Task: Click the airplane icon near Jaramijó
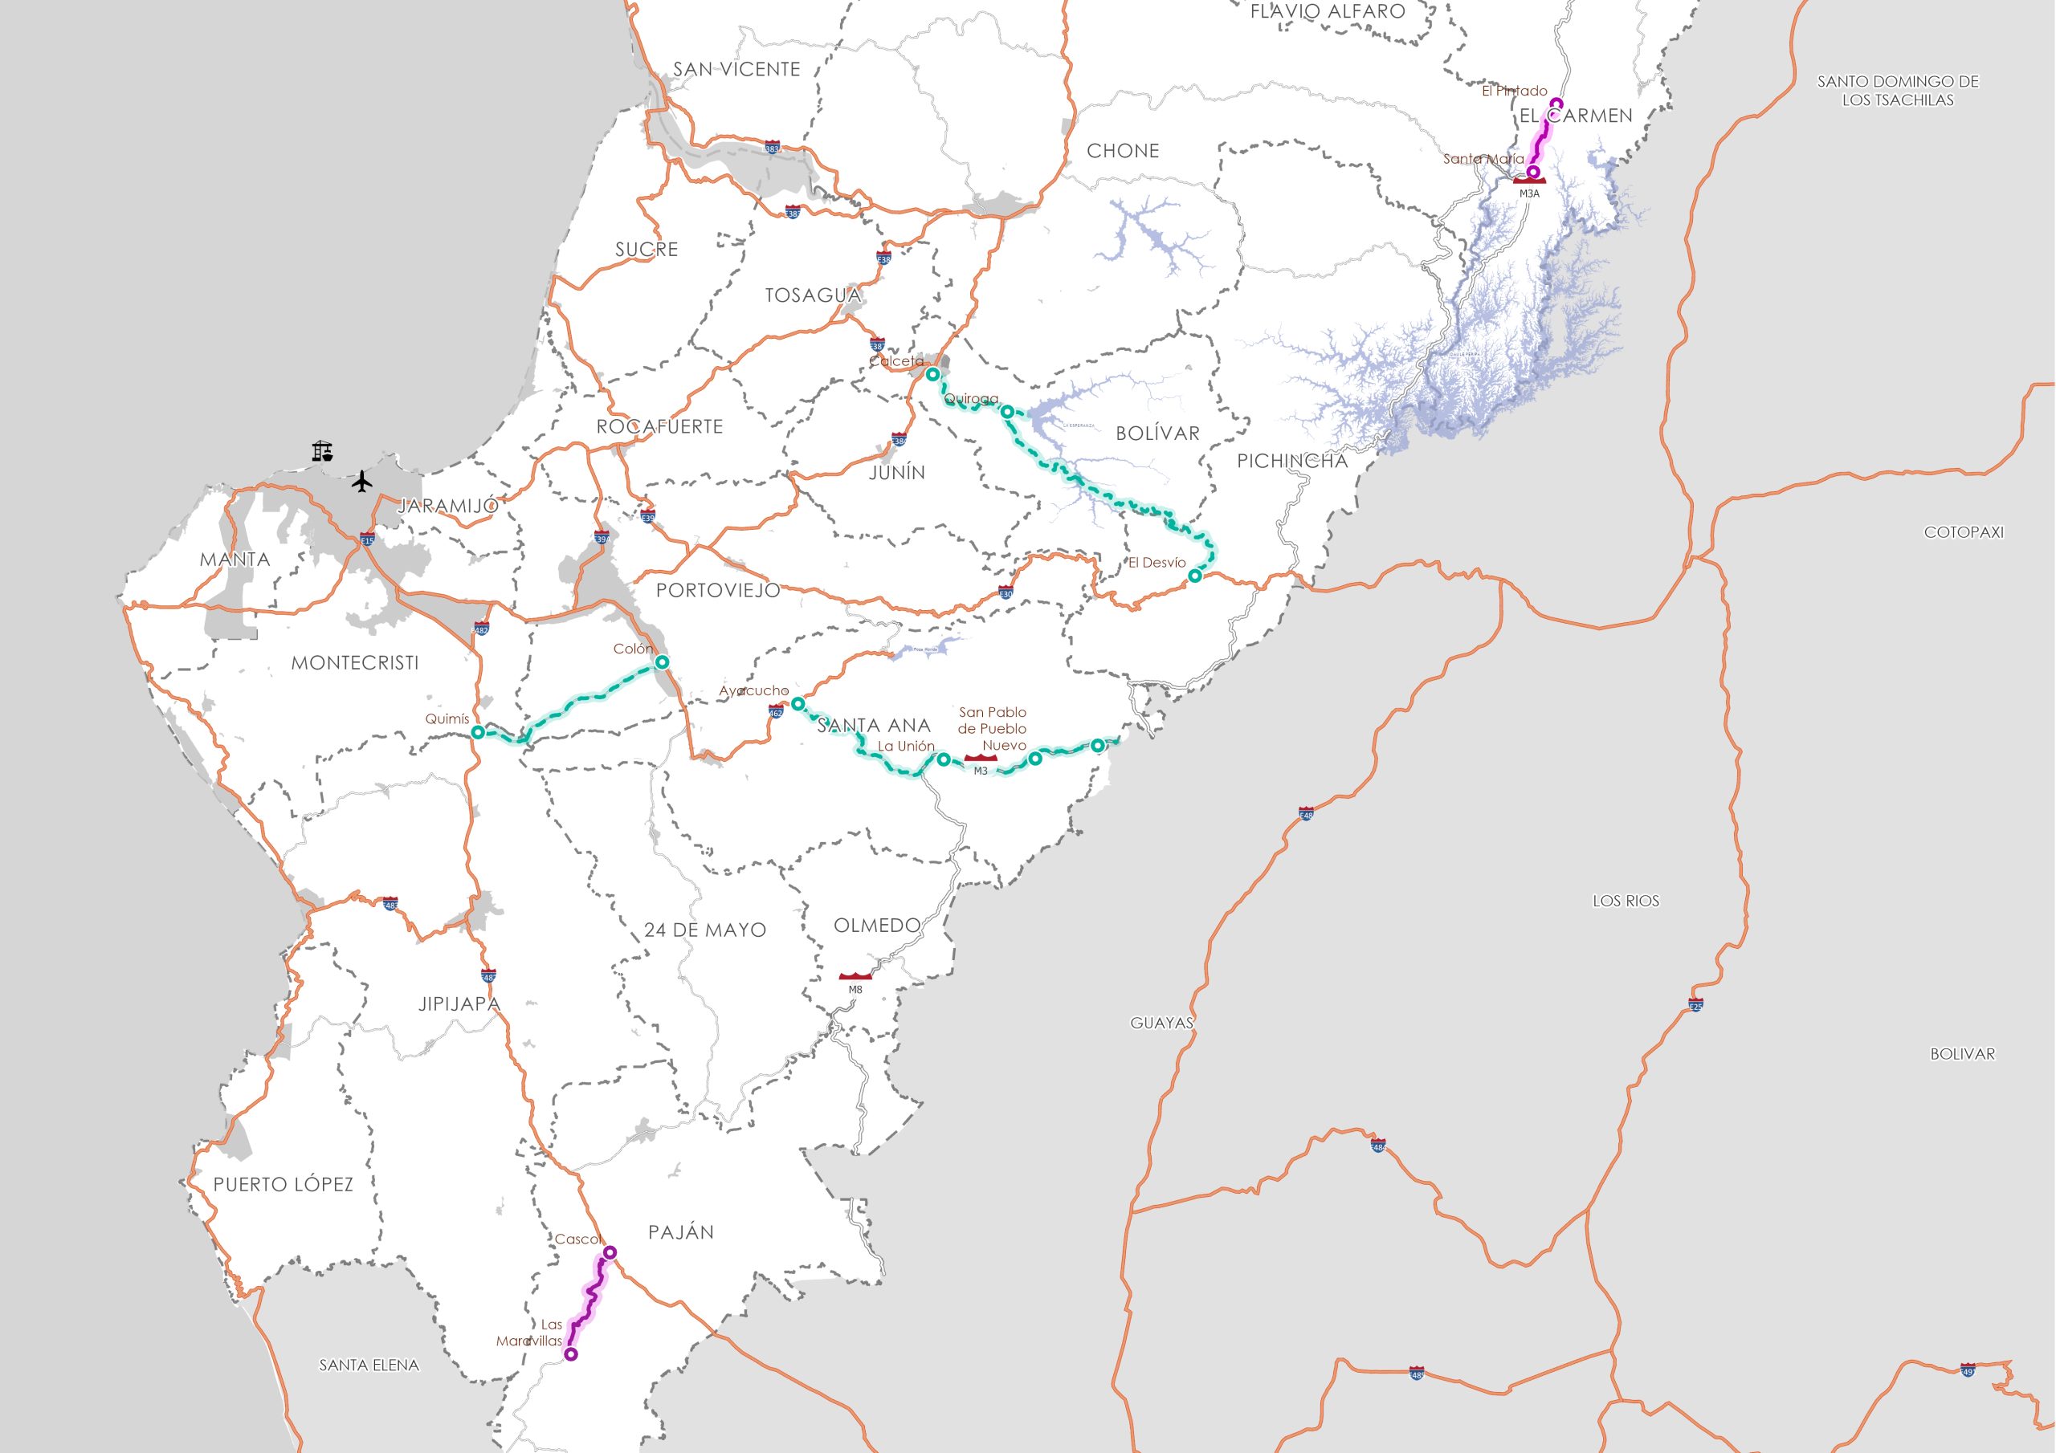pyautogui.click(x=361, y=481)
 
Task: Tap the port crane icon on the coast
pyautogui.click(x=322, y=450)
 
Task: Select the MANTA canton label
pyautogui.click(x=235, y=560)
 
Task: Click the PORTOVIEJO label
pyautogui.click(x=718, y=590)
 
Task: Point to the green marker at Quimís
pyautogui.click(x=478, y=732)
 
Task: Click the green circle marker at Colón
pyautogui.click(x=662, y=662)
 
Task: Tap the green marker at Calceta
pyautogui.click(x=932, y=374)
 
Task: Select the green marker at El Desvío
pyautogui.click(x=1194, y=576)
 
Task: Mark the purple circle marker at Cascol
pyautogui.click(x=610, y=1252)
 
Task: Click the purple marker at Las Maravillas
pyautogui.click(x=571, y=1354)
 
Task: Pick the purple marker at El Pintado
pyautogui.click(x=1556, y=102)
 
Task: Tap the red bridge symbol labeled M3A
pyautogui.click(x=1529, y=181)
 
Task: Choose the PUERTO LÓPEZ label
pyautogui.click(x=283, y=1184)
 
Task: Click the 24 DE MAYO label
pyautogui.click(x=704, y=930)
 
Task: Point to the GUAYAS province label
pyautogui.click(x=1161, y=1023)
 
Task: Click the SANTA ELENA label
pyautogui.click(x=369, y=1365)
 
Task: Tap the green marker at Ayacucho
pyautogui.click(x=797, y=704)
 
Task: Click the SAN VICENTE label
pyautogui.click(x=736, y=69)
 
